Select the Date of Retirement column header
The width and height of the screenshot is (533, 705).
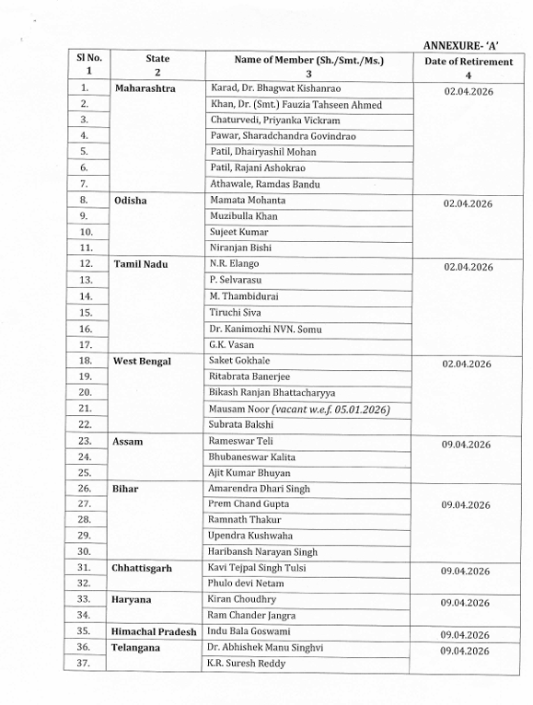467,67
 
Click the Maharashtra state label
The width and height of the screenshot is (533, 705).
145,88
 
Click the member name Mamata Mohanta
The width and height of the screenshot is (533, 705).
248,200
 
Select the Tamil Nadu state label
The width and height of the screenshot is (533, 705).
141,264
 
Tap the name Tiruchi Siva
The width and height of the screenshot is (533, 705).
237,312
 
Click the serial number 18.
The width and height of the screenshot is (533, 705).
86,361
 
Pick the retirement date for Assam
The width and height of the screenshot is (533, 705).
466,445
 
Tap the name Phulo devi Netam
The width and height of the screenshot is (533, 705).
250,584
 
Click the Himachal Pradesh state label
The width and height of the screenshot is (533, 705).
156,631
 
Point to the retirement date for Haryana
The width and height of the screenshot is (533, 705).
466,603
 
